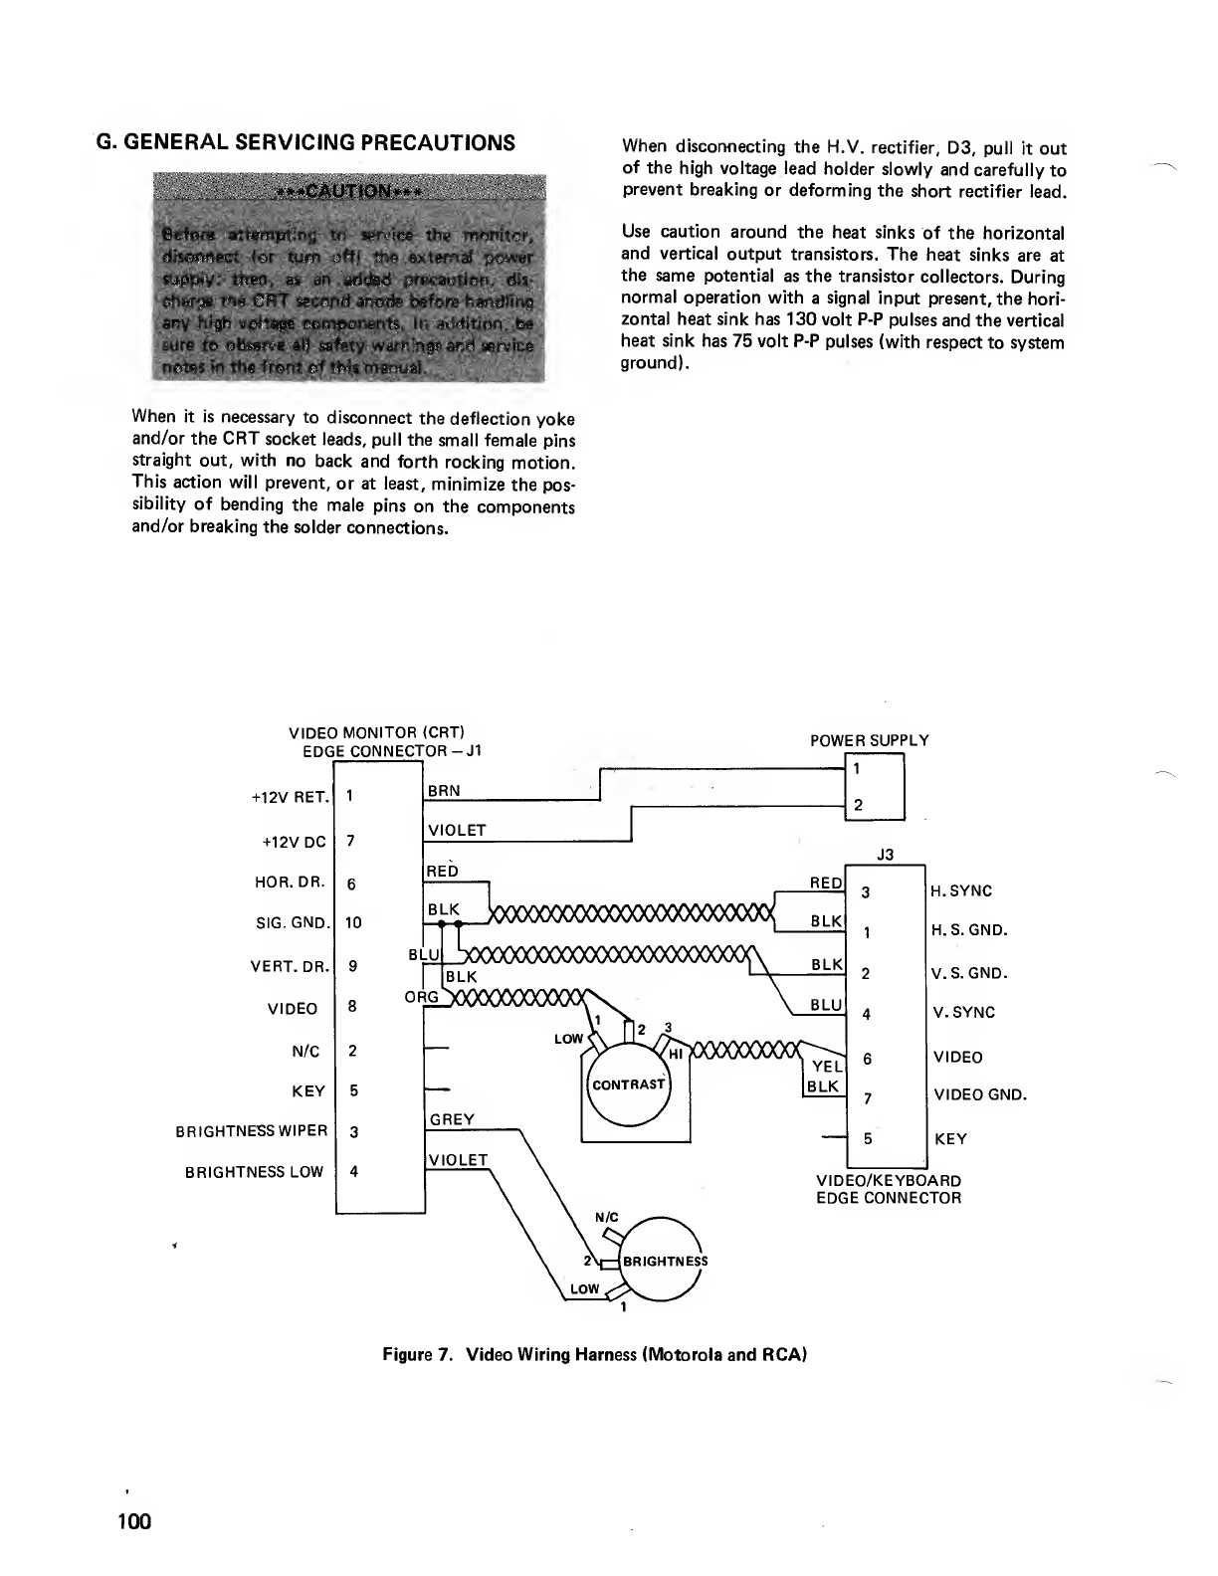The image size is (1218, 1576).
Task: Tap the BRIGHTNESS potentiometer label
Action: pyautogui.click(x=665, y=1261)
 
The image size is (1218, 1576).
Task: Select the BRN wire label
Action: pyautogui.click(x=443, y=790)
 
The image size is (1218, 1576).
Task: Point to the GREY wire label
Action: pyautogui.click(x=451, y=1119)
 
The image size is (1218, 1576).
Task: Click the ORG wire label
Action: pyautogui.click(x=421, y=998)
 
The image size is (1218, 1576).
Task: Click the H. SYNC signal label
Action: pyautogui.click(x=961, y=890)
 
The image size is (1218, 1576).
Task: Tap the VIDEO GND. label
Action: pyautogui.click(x=979, y=1095)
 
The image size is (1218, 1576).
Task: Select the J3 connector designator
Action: pyautogui.click(x=885, y=853)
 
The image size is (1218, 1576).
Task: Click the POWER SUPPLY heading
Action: pyautogui.click(x=869, y=740)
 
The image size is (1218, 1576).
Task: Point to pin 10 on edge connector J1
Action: pyautogui.click(x=353, y=922)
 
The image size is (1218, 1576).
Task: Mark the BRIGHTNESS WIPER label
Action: pyautogui.click(x=251, y=1130)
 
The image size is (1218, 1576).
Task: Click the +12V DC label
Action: pyautogui.click(x=294, y=842)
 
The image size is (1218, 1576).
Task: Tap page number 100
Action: pyautogui.click(x=131, y=1521)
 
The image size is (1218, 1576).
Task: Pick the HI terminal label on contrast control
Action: pyautogui.click(x=675, y=1054)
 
